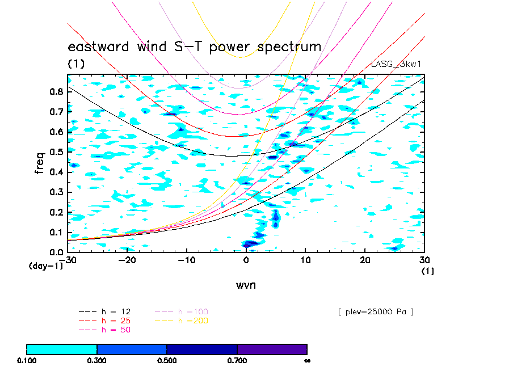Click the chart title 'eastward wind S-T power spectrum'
click(194, 47)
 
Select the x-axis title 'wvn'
click(246, 285)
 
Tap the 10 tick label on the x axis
click(305, 260)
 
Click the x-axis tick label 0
click(246, 260)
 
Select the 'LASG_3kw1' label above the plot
click(396, 64)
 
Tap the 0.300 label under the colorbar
click(97, 360)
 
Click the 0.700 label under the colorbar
click(237, 360)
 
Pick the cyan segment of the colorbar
click(62, 349)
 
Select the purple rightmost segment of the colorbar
click(272, 349)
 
